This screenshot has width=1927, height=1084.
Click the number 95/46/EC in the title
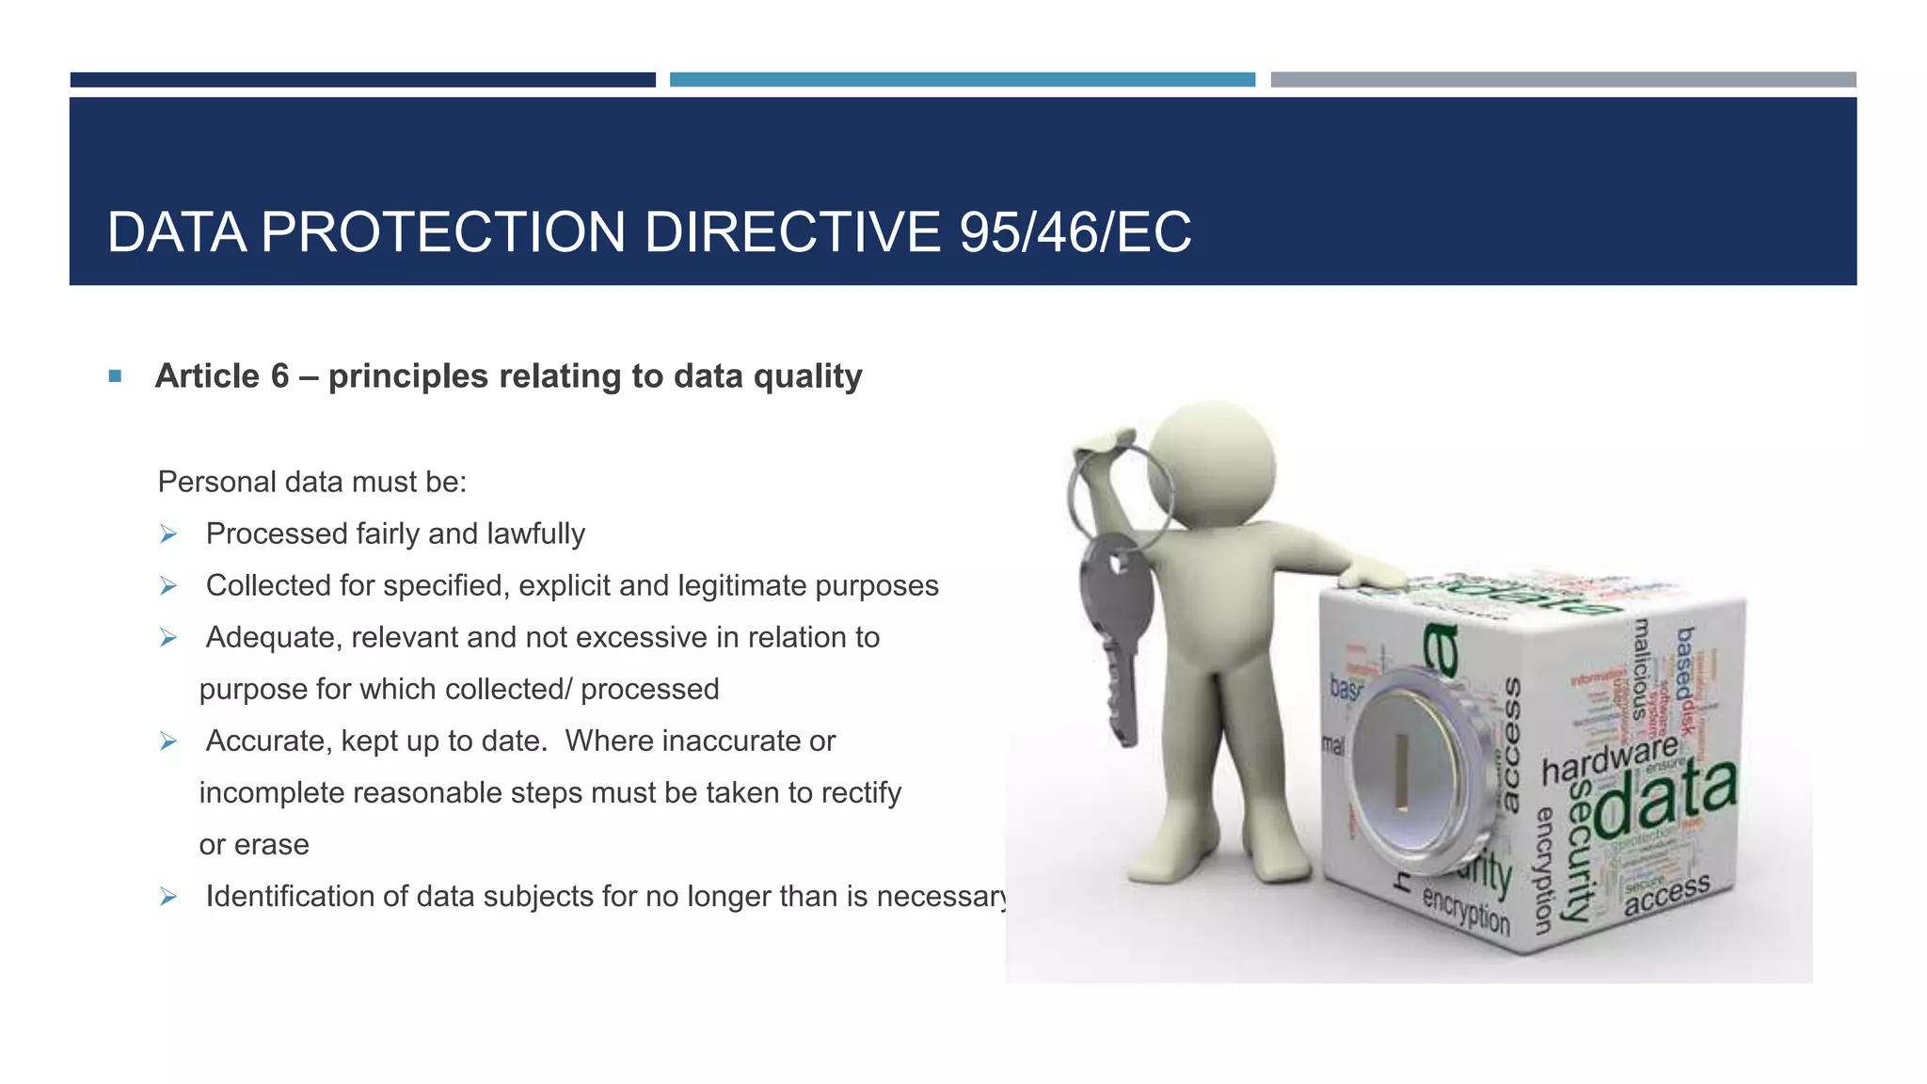1075,232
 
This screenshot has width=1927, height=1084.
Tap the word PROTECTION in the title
443,232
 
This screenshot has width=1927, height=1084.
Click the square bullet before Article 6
115,376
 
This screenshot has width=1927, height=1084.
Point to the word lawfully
534,534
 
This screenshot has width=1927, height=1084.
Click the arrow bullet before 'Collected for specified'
168,586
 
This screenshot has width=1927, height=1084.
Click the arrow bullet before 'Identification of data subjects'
168,897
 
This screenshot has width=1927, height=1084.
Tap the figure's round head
1214,464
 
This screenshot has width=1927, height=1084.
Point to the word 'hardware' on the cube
1610,759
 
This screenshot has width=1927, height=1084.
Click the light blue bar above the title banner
962,80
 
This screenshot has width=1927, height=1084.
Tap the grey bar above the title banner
1563,80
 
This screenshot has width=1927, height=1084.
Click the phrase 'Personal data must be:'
312,482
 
